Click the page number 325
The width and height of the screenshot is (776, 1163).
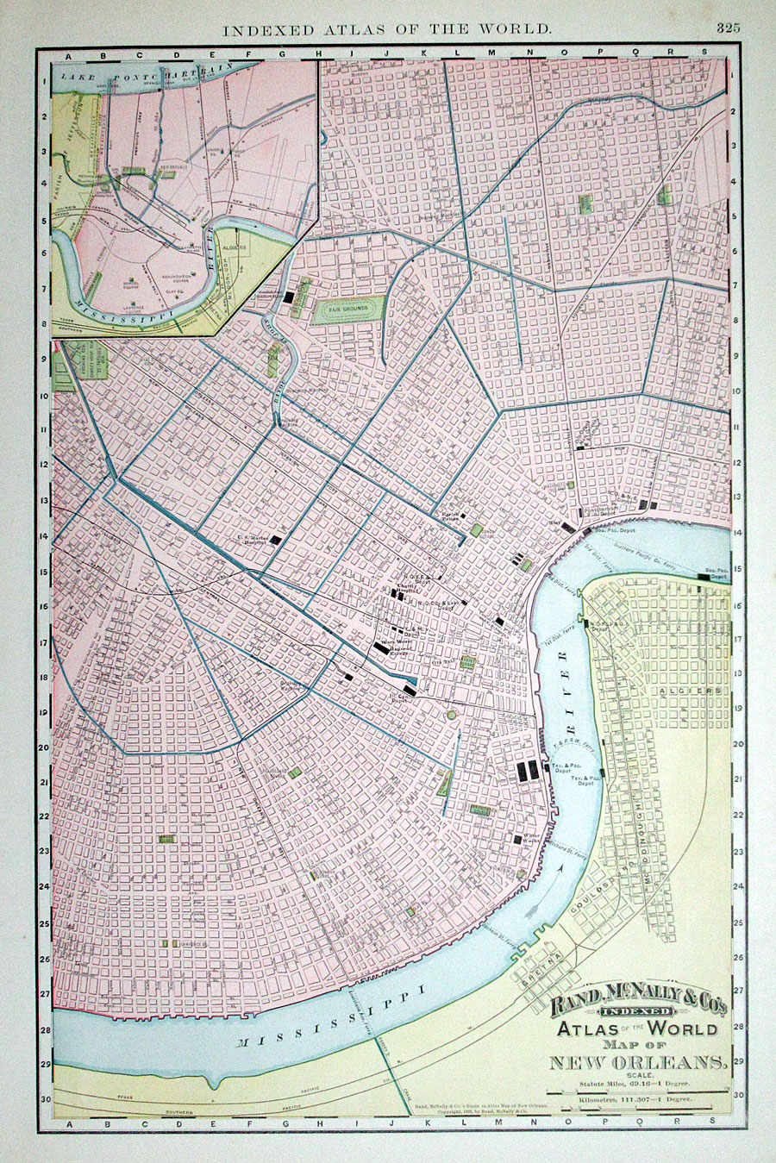pos(727,28)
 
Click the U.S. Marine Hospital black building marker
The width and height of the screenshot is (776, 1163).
pos(276,540)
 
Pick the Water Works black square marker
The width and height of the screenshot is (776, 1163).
pos(518,838)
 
